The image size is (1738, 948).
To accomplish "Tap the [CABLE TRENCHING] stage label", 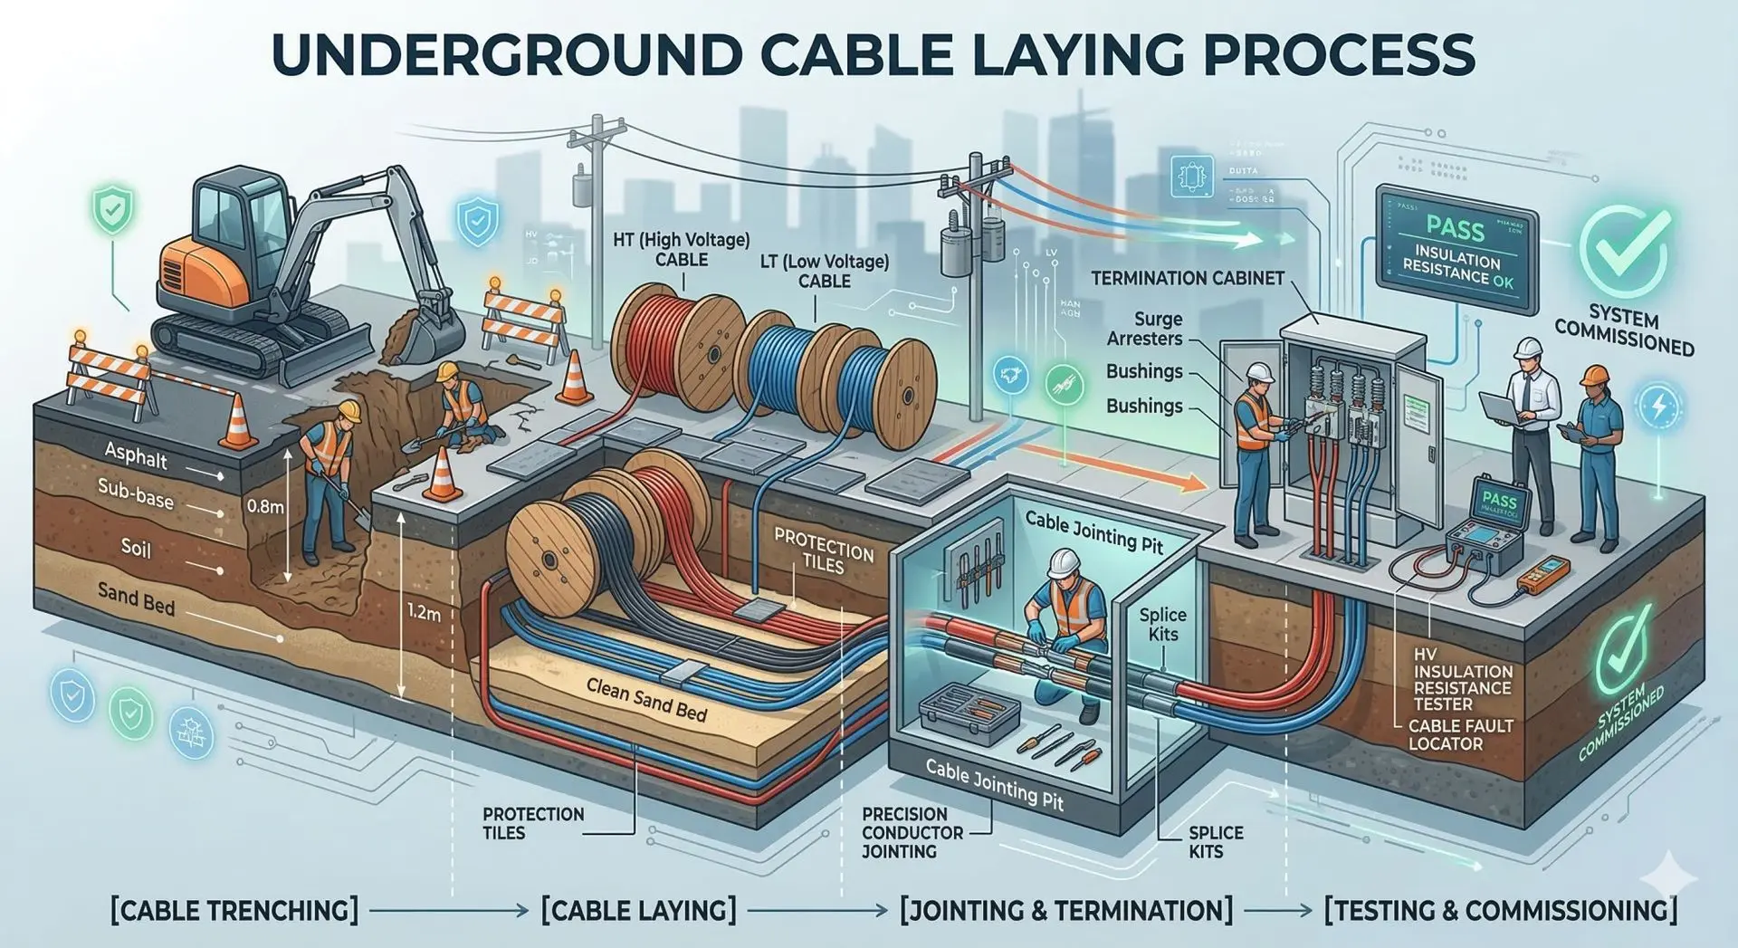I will pos(234,910).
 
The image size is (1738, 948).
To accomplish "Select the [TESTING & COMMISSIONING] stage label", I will pos(1500,910).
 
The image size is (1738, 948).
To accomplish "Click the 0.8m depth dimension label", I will pos(264,507).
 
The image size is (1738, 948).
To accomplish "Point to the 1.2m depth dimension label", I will pos(424,613).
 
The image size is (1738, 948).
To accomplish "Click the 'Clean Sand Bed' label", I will pos(645,700).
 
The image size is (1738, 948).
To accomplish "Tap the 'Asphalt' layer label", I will pos(136,455).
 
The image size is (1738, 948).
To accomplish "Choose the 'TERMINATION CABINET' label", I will pos(1187,279).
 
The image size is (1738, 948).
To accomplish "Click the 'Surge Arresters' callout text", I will pos(1145,330).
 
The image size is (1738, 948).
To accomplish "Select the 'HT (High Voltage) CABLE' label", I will pos(681,250).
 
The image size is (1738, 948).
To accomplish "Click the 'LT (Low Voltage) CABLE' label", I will pos(824,272).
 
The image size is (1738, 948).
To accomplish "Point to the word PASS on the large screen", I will pos(1455,229).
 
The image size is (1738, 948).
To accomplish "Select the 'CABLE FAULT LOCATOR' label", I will pos(1460,734).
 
